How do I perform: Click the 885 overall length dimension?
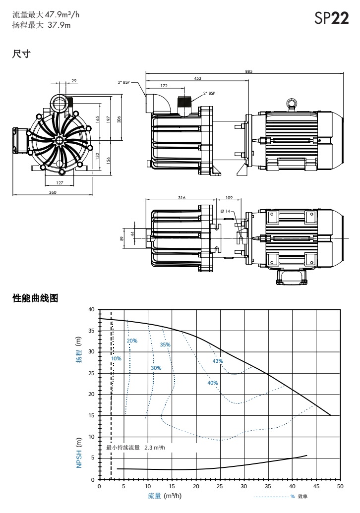(248, 71)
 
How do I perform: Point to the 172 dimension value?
(164, 86)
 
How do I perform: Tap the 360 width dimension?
(54, 192)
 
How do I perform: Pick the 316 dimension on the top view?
(181, 197)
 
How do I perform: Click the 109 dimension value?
(229, 197)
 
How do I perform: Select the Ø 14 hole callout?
(228, 211)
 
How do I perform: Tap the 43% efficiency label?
(217, 361)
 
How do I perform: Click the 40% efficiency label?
(212, 383)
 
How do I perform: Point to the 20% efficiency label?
(132, 341)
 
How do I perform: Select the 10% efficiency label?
(117, 358)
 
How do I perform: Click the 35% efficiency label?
(165, 344)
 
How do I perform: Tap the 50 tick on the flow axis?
(340, 487)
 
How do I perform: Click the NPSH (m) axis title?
(80, 453)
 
